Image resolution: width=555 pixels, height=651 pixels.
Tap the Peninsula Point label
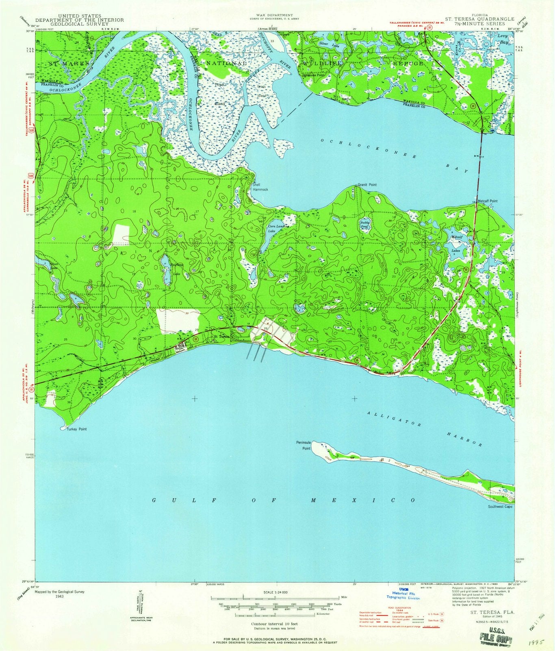pos(303,445)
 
